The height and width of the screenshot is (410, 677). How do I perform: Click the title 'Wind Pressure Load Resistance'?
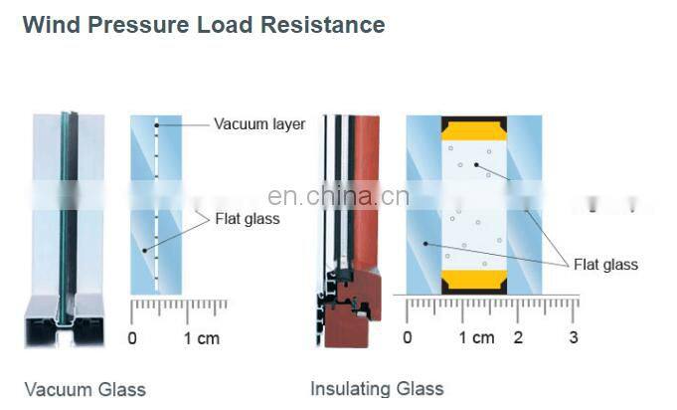(204, 24)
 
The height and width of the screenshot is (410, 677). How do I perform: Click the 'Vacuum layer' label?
(259, 124)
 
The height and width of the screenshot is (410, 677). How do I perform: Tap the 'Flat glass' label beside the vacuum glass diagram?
(248, 219)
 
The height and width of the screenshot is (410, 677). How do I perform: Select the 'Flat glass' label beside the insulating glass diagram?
(605, 265)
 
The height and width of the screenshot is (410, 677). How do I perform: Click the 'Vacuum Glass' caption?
(85, 389)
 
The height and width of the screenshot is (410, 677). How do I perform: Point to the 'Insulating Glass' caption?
(377, 388)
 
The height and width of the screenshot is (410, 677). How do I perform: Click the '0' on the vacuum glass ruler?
(132, 338)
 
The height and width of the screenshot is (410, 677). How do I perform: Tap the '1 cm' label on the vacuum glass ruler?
(202, 338)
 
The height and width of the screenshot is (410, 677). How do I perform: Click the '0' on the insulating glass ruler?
(408, 337)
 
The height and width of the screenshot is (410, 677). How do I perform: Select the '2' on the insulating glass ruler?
(518, 337)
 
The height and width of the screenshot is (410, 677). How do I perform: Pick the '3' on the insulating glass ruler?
(574, 337)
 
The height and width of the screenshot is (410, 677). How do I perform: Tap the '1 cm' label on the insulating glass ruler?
(476, 337)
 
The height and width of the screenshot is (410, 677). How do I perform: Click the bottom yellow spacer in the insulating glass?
(474, 280)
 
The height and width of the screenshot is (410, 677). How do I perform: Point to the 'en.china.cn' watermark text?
(338, 196)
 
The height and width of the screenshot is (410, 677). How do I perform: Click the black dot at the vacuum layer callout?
(157, 125)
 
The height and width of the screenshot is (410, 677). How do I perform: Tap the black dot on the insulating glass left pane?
(425, 244)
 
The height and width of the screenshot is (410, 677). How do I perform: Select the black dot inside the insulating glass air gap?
(476, 164)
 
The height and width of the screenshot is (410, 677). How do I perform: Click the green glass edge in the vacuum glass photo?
(64, 216)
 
